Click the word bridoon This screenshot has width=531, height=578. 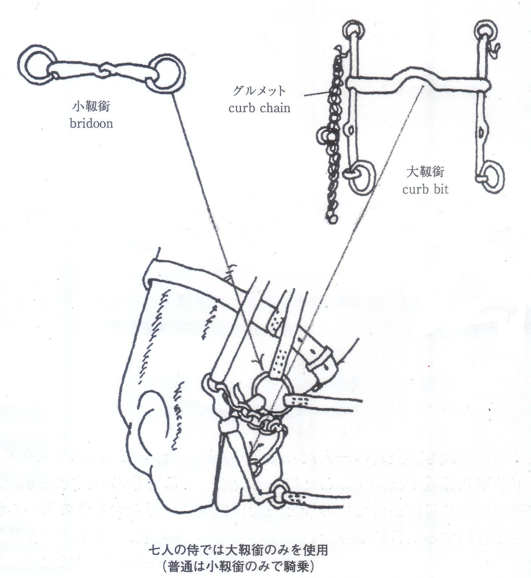click(x=91, y=123)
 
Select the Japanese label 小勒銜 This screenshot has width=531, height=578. click(x=91, y=106)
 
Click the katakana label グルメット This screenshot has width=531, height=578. click(x=259, y=91)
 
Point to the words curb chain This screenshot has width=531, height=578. click(x=259, y=108)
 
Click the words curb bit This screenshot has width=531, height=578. click(x=425, y=189)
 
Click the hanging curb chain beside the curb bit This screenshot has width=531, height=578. click(x=333, y=139)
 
